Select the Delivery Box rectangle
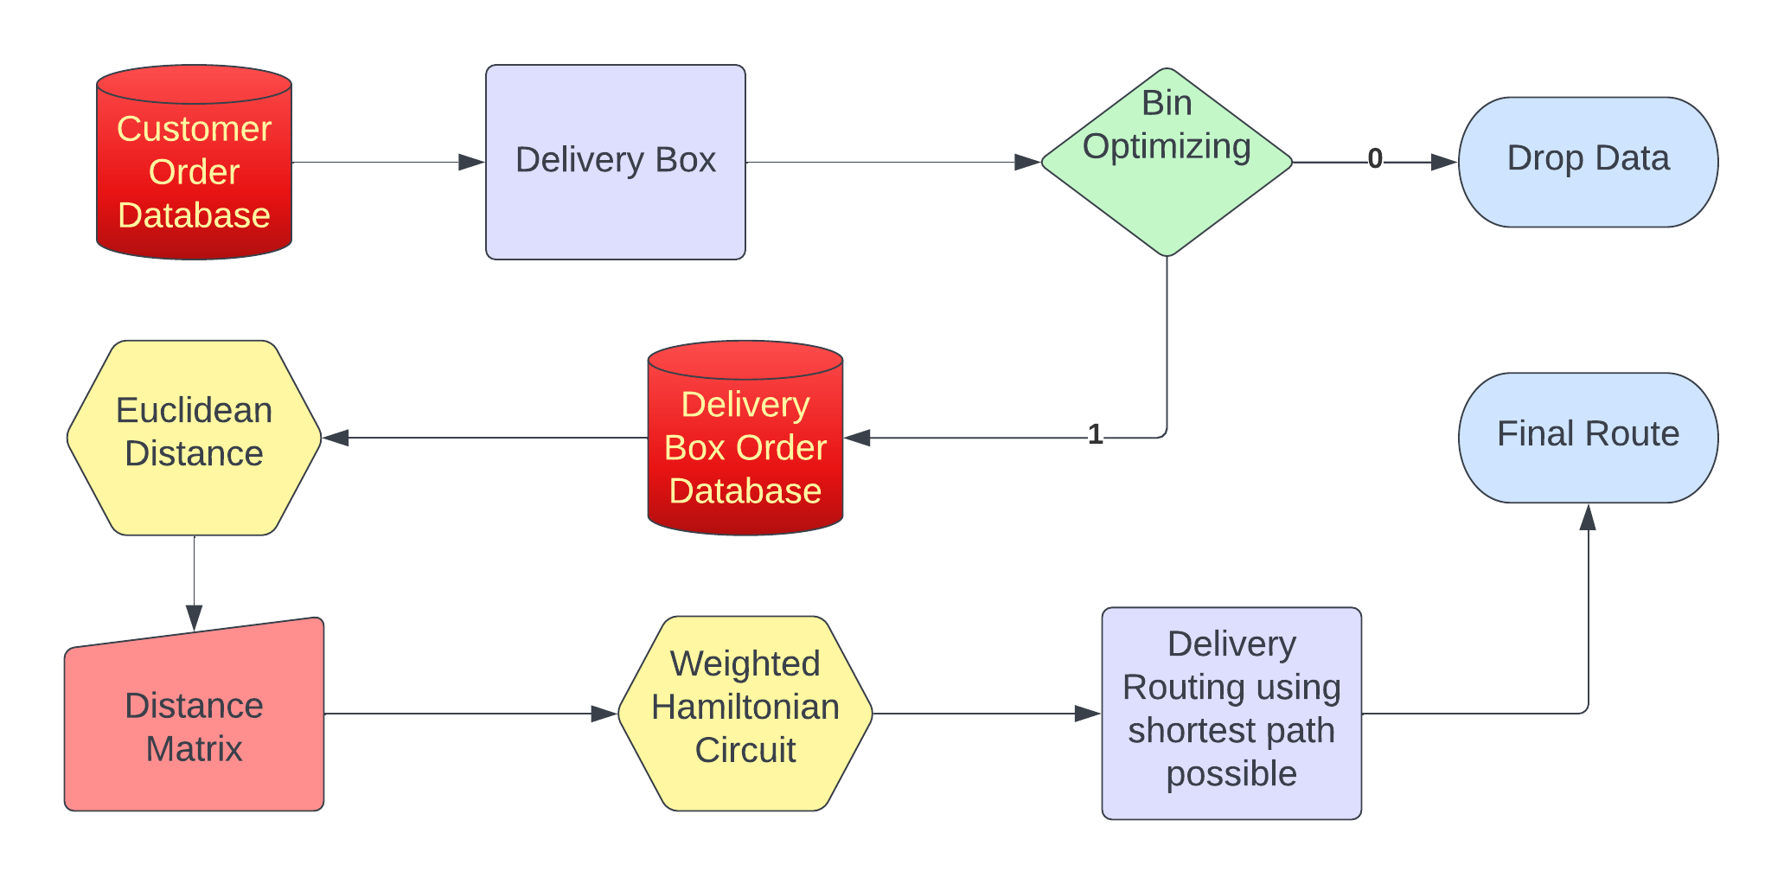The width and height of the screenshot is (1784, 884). (615, 162)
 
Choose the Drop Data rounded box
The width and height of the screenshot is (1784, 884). (1587, 162)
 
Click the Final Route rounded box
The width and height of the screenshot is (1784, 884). (1587, 437)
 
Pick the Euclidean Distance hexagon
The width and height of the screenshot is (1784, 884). (194, 437)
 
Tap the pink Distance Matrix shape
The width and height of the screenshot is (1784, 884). (194, 722)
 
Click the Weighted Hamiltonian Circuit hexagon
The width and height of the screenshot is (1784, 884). (745, 714)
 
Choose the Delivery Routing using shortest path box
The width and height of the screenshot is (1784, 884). (1231, 714)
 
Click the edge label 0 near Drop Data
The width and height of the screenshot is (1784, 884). (1374, 159)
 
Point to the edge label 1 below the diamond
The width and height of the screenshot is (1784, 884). (1095, 434)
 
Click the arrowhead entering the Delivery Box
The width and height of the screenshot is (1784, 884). (472, 162)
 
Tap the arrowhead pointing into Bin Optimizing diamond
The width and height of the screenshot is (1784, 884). (1026, 162)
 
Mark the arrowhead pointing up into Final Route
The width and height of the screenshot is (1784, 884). (1587, 517)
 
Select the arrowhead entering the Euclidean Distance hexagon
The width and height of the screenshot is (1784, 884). (336, 438)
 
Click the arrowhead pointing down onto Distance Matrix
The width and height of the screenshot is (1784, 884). (194, 618)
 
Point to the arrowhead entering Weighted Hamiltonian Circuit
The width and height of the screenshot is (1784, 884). (604, 714)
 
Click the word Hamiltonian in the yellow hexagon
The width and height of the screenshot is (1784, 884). (745, 708)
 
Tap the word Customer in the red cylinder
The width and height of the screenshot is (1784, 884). (194, 129)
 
